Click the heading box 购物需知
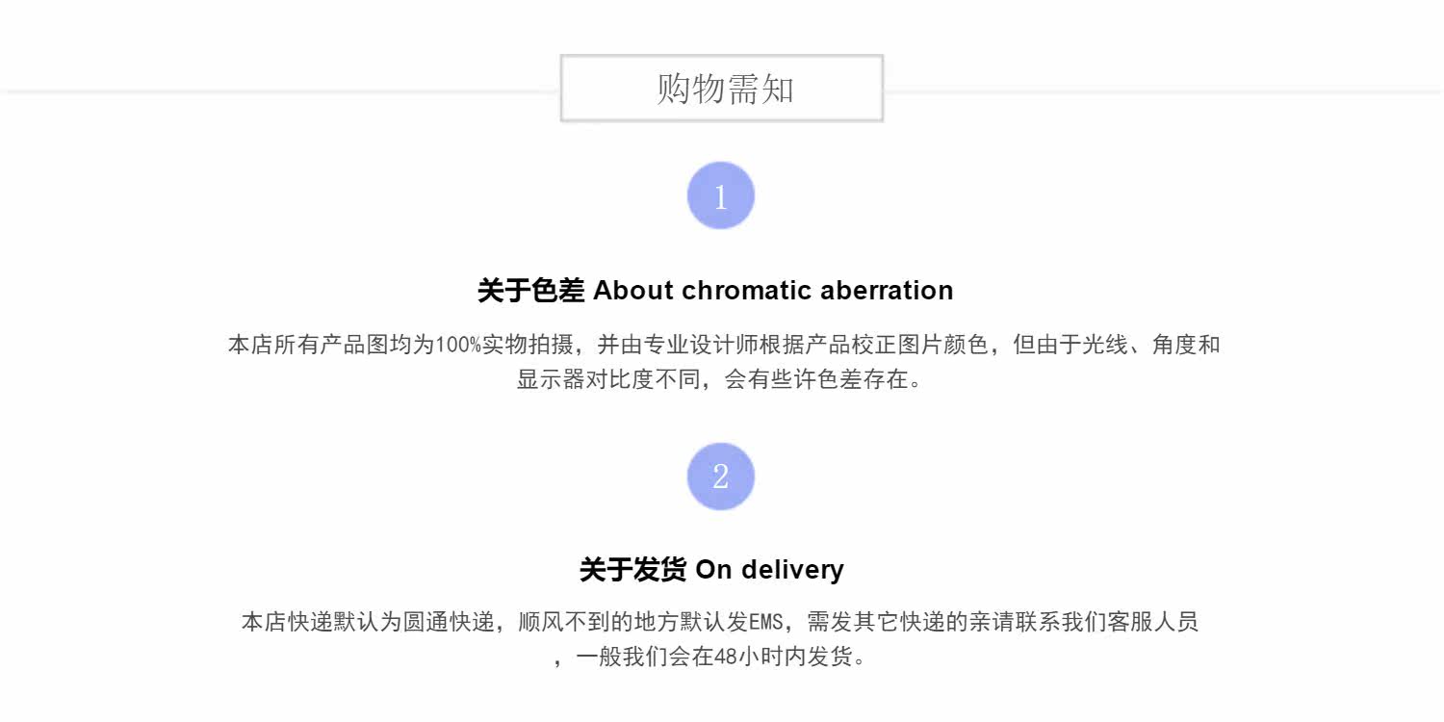(722, 89)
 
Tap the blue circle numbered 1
(720, 195)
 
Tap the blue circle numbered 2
(720, 477)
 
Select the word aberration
(887, 290)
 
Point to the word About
(632, 290)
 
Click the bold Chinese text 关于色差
(530, 290)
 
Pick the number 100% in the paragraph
(458, 345)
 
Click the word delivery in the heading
(792, 569)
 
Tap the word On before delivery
(713, 569)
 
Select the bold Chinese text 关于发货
(632, 569)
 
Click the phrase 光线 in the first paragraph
(1105, 345)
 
